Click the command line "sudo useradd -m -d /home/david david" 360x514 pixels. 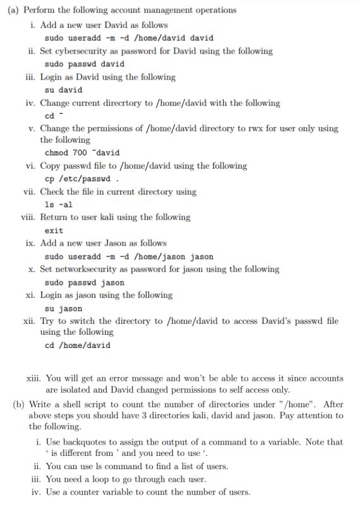(129, 38)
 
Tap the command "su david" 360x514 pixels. (64, 90)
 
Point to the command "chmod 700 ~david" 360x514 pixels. (82, 153)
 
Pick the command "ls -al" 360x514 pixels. (59, 205)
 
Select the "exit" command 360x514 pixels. (54, 230)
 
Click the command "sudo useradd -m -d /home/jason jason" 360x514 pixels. (129, 256)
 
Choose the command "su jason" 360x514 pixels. (64, 308)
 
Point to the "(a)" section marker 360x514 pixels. (13, 10)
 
